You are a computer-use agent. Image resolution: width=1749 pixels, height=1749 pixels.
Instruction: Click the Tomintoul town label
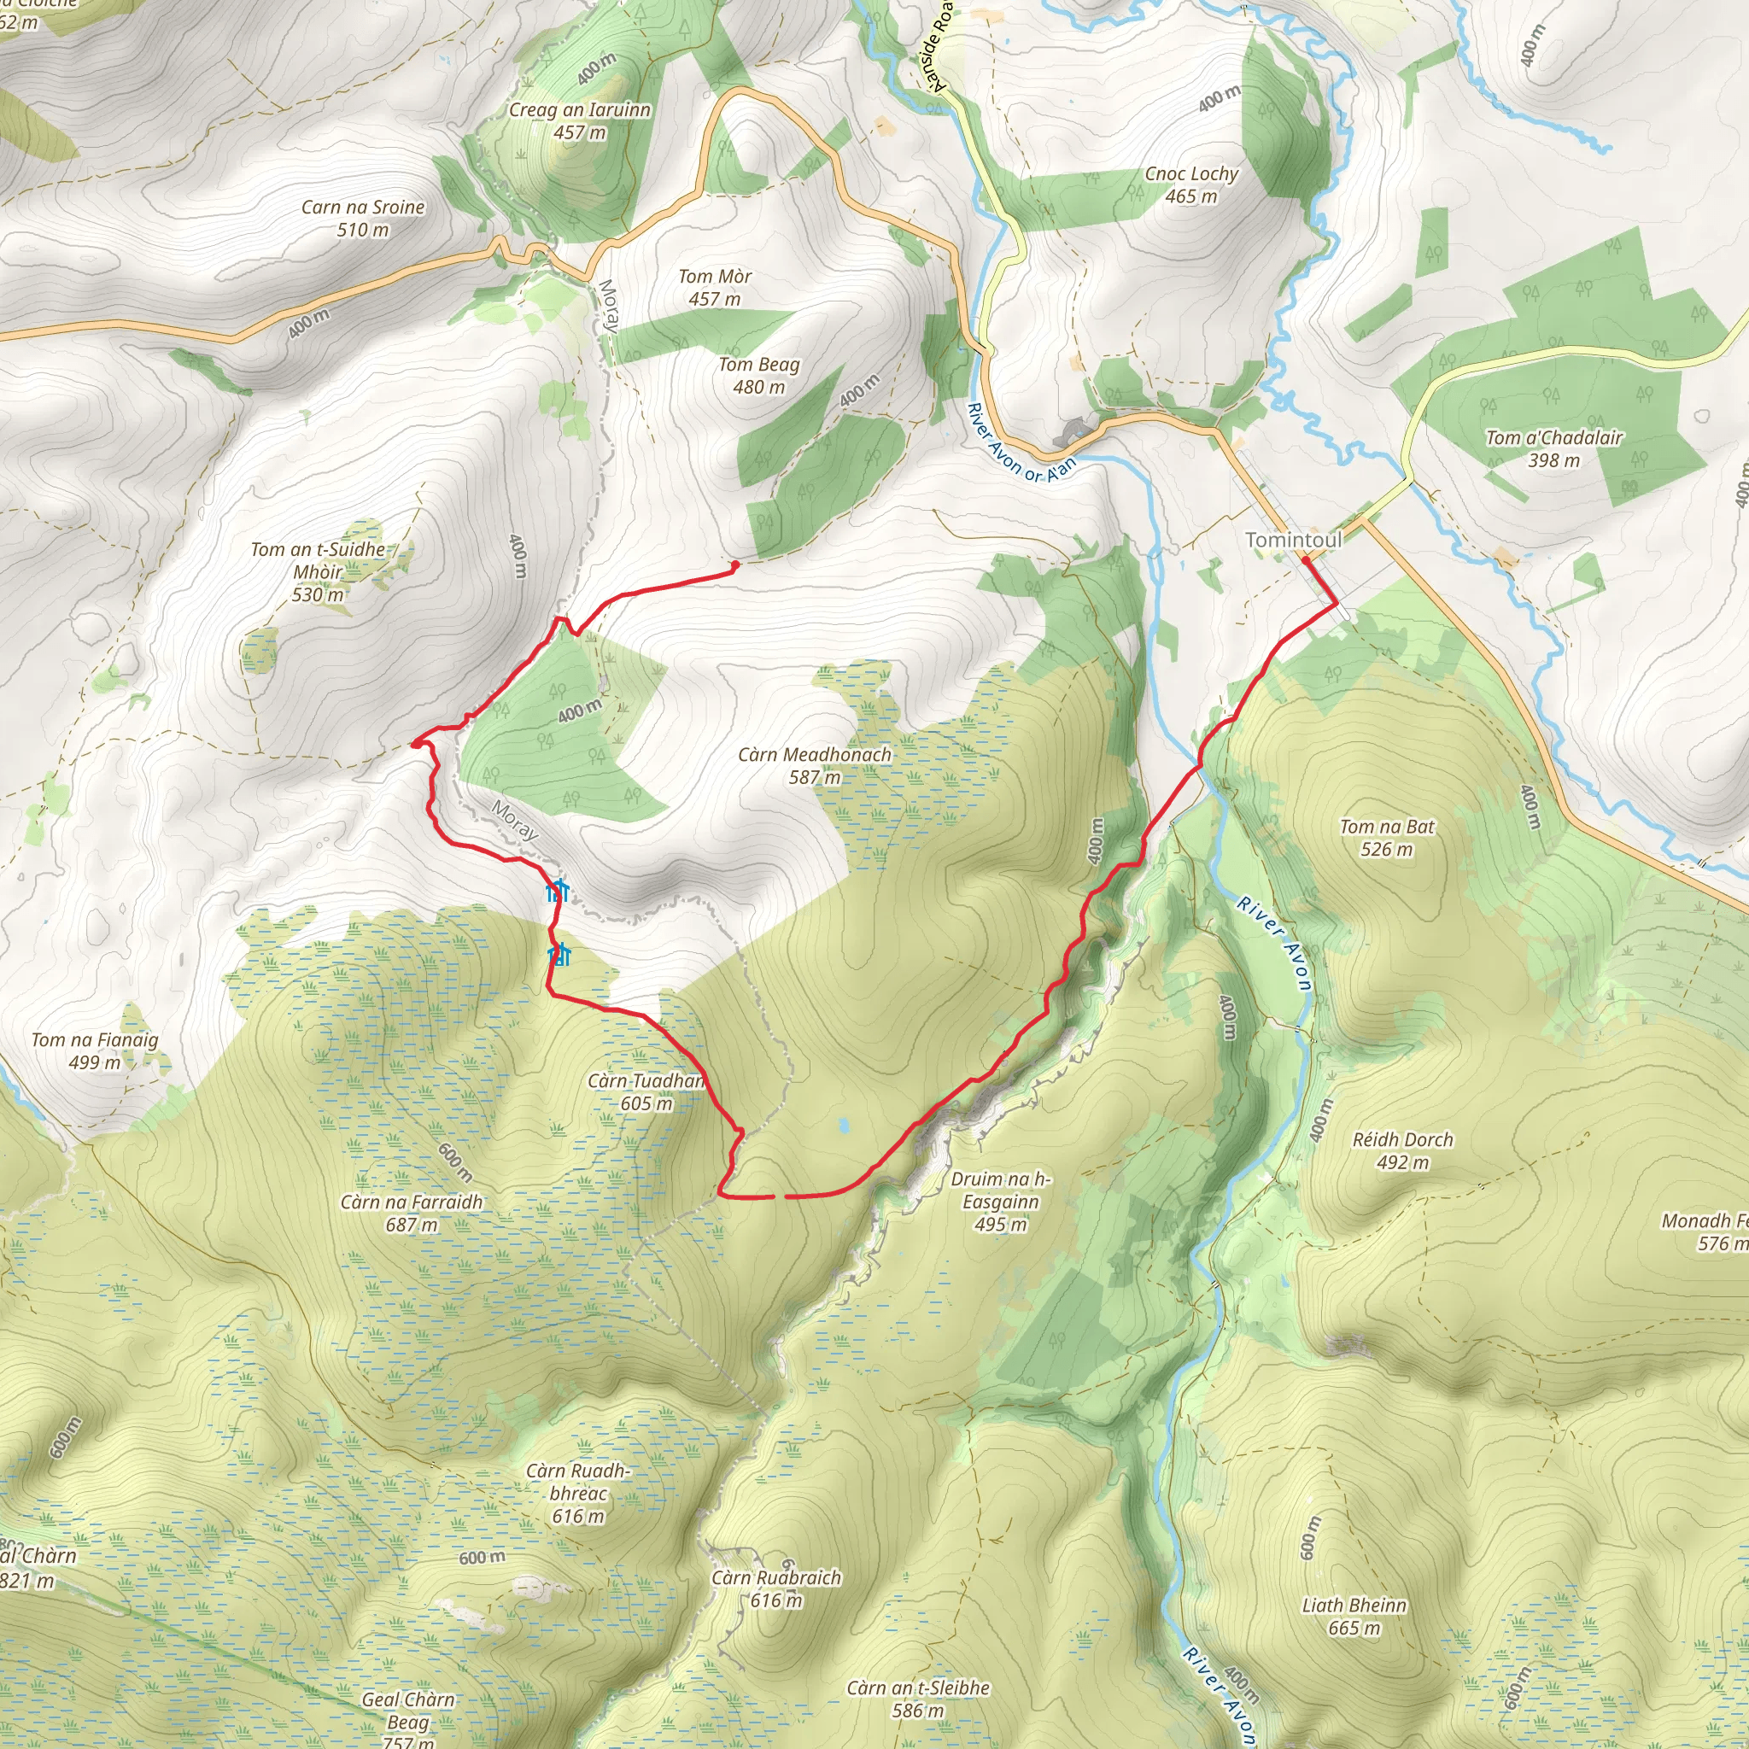(1293, 540)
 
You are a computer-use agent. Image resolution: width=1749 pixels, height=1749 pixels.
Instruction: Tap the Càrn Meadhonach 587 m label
(814, 765)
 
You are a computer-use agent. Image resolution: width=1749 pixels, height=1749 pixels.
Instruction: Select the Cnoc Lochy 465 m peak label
(1190, 184)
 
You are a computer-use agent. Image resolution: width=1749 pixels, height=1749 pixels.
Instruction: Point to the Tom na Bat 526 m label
(1386, 838)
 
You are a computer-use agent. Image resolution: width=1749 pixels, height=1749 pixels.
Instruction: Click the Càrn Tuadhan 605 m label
(646, 1091)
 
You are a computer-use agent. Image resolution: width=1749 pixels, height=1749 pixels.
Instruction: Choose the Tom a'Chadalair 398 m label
(1553, 448)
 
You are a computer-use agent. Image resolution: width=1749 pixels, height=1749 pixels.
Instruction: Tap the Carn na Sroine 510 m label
(363, 218)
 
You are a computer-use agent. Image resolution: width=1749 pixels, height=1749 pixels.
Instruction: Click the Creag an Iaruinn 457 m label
(579, 120)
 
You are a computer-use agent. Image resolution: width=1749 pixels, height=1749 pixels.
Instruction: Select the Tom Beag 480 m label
(758, 375)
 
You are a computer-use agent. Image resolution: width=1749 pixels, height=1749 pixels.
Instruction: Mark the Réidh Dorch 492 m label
(1402, 1150)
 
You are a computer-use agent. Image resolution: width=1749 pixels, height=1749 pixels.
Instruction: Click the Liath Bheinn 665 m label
(1354, 1616)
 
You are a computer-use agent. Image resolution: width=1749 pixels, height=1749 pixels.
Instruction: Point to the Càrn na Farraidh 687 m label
(411, 1213)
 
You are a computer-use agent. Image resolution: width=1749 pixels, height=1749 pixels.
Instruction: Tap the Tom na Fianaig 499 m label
(94, 1050)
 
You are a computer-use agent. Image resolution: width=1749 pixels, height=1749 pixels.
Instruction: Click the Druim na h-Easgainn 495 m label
(1000, 1202)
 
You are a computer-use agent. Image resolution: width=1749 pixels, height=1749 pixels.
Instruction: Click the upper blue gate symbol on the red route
(558, 891)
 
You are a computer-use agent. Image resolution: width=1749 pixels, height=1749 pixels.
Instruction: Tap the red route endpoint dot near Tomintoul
(1306, 560)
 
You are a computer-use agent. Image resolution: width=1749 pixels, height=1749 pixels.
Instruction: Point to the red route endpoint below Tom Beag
(734, 564)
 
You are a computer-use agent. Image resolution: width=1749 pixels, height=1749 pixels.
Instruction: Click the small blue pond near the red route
(844, 1126)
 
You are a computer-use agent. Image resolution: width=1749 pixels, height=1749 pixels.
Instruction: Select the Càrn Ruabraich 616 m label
(775, 1588)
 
